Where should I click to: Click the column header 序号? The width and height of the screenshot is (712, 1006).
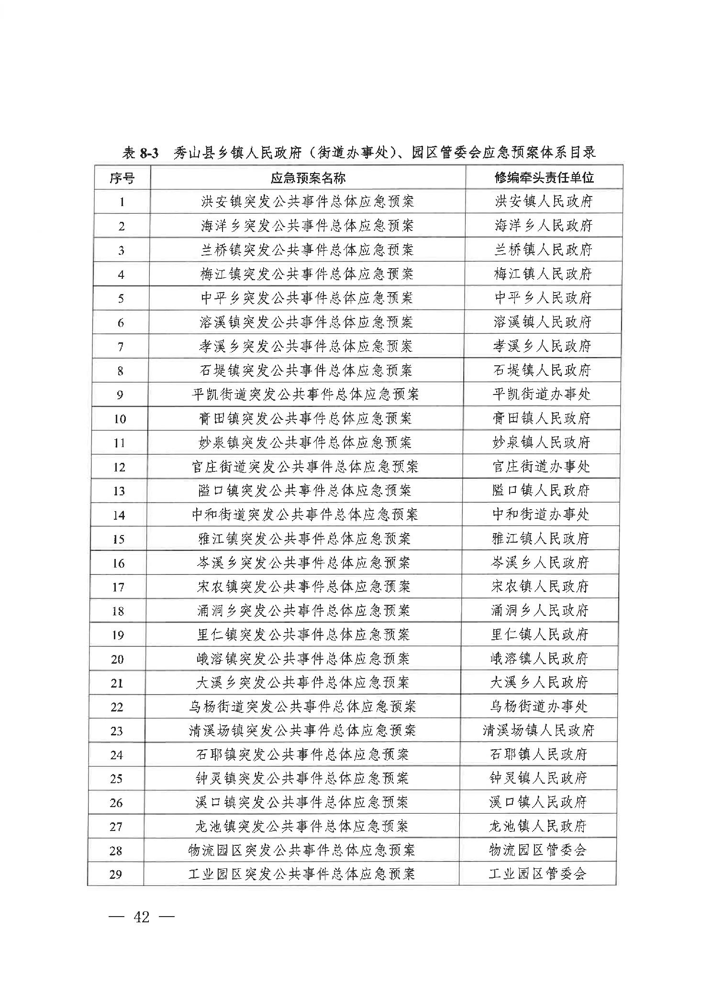pyautogui.click(x=122, y=178)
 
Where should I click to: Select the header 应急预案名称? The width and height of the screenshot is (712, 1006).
pyautogui.click(x=308, y=178)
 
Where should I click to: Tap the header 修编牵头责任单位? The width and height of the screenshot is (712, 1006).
pyautogui.click(x=544, y=178)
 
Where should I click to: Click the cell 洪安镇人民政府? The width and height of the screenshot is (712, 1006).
pyautogui.click(x=544, y=201)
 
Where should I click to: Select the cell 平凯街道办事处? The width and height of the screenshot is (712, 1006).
pyautogui.click(x=542, y=394)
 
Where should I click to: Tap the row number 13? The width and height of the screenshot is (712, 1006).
pyautogui.click(x=119, y=491)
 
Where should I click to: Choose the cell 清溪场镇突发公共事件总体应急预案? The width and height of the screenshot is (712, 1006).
pyautogui.click(x=302, y=731)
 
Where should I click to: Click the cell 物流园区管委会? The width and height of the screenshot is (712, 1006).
pyautogui.click(x=538, y=850)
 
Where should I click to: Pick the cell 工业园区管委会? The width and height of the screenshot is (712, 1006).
pyautogui.click(x=537, y=874)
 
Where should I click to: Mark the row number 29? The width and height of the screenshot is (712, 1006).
pyautogui.click(x=116, y=875)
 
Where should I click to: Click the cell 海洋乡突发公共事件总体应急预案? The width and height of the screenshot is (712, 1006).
pyautogui.click(x=307, y=226)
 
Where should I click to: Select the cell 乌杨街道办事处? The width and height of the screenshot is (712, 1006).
pyautogui.click(x=539, y=706)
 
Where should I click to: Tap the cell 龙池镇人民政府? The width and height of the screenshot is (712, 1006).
pyautogui.click(x=538, y=826)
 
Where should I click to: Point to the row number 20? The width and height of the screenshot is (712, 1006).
pyautogui.click(x=117, y=659)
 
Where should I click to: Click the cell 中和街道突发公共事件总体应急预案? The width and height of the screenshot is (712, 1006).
pyautogui.click(x=305, y=514)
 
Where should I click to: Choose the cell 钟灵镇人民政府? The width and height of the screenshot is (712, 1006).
pyautogui.click(x=538, y=778)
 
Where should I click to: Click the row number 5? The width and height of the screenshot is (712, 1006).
pyautogui.click(x=121, y=298)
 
